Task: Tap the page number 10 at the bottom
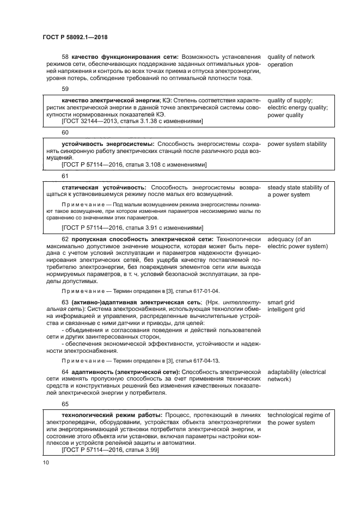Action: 45,462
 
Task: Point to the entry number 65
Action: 65,404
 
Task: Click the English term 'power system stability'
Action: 297,144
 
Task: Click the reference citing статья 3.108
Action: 133,165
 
